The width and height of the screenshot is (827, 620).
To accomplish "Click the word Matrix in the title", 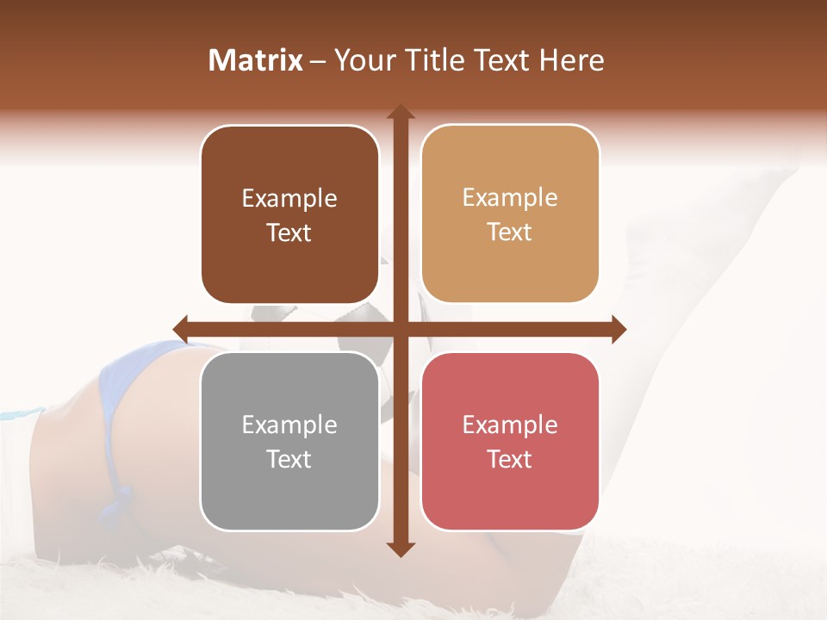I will (256, 60).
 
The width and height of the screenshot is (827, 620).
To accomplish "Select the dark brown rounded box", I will (289, 214).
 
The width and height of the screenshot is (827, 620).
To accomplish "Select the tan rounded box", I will (510, 214).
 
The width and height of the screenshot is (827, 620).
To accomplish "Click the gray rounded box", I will (289, 441).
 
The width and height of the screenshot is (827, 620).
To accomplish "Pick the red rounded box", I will (510, 441).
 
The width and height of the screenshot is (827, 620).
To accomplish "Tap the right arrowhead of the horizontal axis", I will (618, 329).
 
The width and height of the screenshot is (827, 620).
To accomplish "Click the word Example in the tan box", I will (510, 197).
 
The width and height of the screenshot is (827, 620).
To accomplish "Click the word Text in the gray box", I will (289, 459).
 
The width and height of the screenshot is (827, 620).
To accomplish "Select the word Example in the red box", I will (510, 425).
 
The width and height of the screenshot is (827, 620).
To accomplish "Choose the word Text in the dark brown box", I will (289, 232).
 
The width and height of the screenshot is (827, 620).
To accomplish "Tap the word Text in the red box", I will (510, 459).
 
